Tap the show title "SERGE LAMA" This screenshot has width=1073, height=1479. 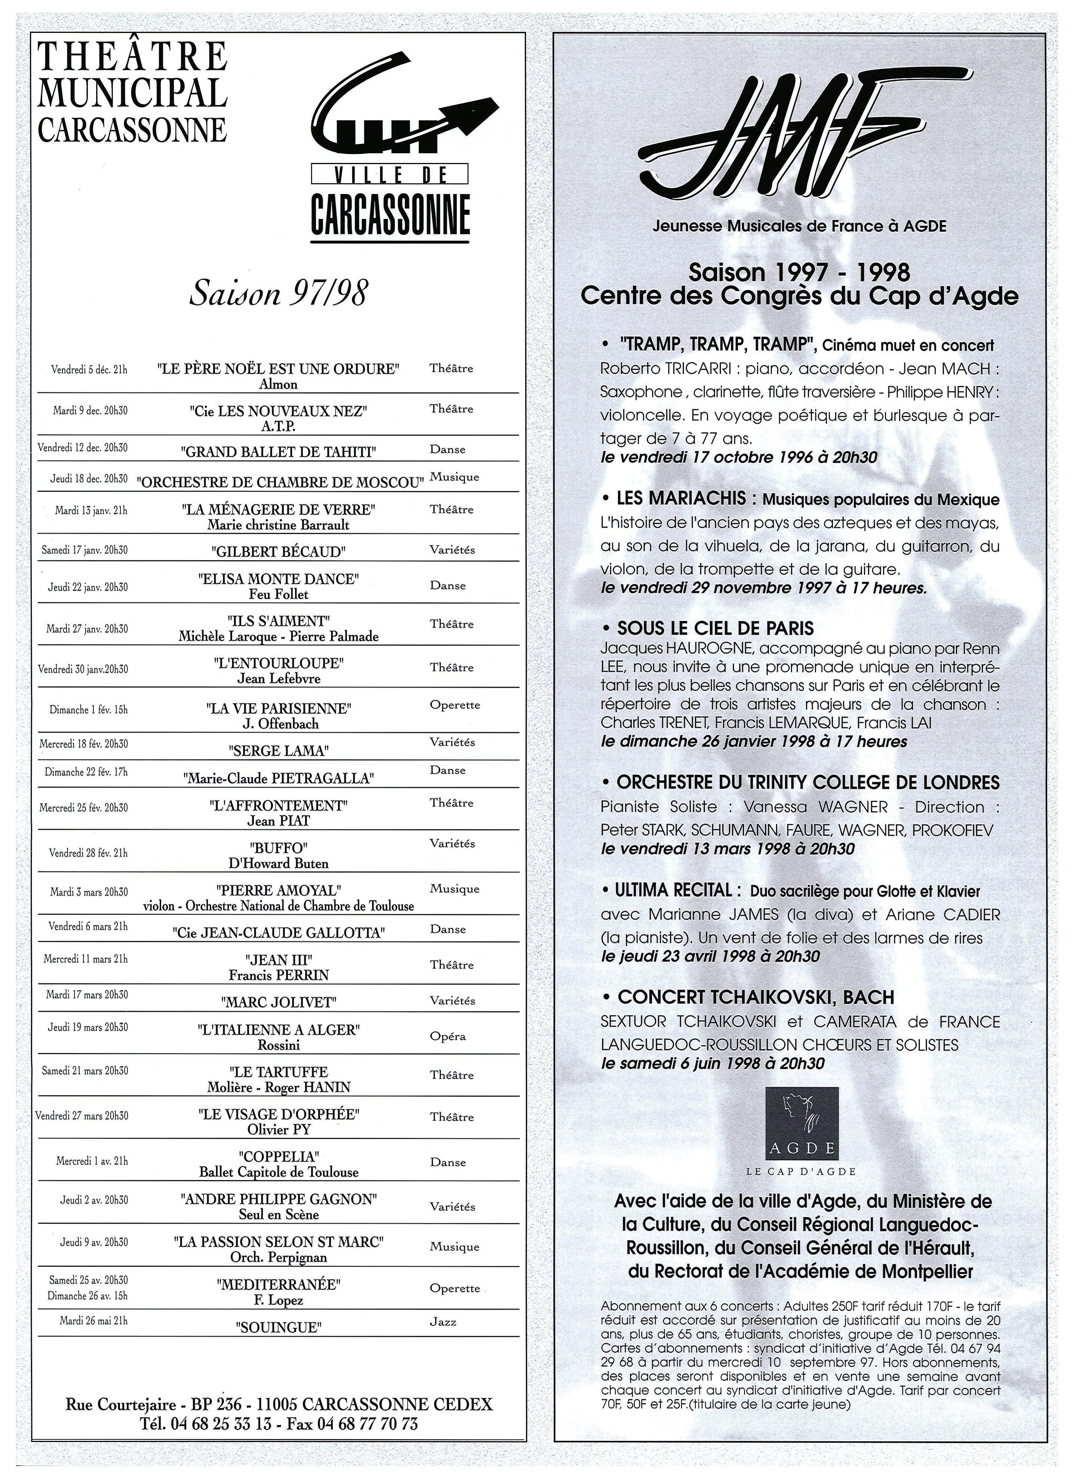[x=279, y=751]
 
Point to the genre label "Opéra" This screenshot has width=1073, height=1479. [x=448, y=1036]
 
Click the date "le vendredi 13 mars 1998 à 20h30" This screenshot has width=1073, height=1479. [x=727, y=849]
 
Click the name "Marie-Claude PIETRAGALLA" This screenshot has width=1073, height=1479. [x=279, y=778]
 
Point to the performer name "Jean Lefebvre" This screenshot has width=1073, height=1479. [x=279, y=679]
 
